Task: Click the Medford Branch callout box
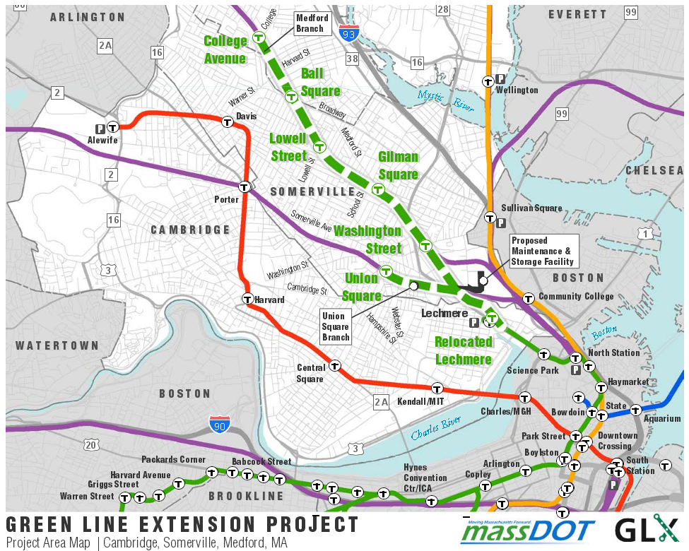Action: pos(311,23)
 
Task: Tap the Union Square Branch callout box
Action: pos(336,326)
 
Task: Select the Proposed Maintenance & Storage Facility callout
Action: pos(542,251)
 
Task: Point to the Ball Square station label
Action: pos(321,82)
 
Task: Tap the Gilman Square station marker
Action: pos(378,189)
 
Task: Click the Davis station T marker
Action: pos(228,122)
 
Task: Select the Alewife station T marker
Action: pos(112,128)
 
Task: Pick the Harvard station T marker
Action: pos(247,299)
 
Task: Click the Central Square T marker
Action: pos(335,366)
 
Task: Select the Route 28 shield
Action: pos(443,9)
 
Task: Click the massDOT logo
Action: pos(528,530)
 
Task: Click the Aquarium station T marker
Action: pos(635,410)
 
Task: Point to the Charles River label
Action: pos(435,427)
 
